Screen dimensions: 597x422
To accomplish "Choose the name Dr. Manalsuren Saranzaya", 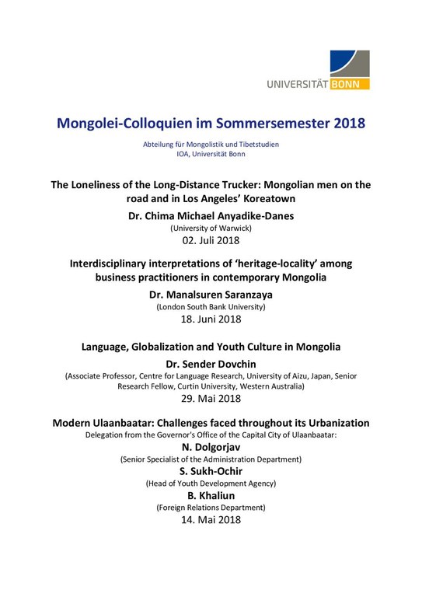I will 211,295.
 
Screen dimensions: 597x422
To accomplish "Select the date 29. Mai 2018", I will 211,401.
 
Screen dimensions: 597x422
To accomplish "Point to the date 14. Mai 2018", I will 211,521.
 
